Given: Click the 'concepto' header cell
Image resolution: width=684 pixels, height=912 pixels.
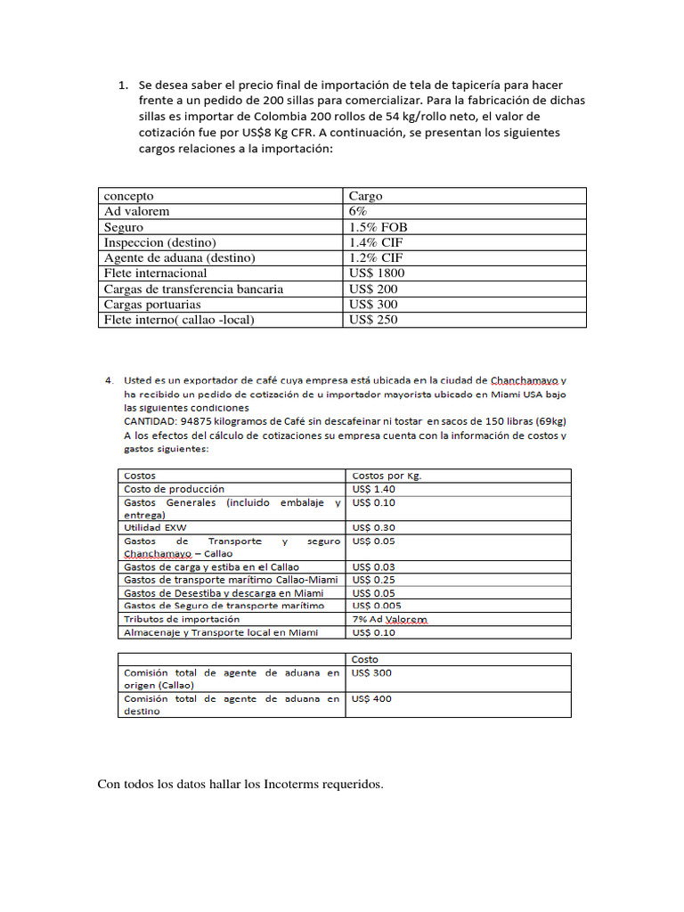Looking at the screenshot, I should pyautogui.click(x=129, y=196).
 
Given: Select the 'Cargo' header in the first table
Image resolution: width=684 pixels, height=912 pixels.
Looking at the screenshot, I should pyautogui.click(x=366, y=196).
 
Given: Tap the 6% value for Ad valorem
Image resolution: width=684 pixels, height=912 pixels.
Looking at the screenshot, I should pyautogui.click(x=358, y=211).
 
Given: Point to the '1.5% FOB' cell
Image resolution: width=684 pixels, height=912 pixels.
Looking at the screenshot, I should pyautogui.click(x=379, y=227).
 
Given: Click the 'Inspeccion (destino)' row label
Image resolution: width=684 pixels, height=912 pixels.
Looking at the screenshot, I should pyautogui.click(x=160, y=242).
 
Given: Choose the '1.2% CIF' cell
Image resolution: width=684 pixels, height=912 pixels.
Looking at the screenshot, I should pyautogui.click(x=377, y=257).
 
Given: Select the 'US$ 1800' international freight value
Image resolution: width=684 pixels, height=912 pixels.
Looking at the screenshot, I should pyautogui.click(x=377, y=273).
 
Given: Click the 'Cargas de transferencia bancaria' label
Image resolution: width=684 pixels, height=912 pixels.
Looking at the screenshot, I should pyautogui.click(x=193, y=289).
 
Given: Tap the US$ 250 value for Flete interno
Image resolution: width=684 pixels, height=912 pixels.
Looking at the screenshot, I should pyautogui.click(x=373, y=320).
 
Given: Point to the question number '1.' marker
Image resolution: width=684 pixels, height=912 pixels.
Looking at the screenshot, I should pyautogui.click(x=124, y=85).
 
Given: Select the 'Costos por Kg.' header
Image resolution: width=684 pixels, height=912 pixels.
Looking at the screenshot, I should pyautogui.click(x=387, y=476).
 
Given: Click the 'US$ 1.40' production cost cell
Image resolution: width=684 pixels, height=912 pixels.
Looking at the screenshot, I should pyautogui.click(x=374, y=489).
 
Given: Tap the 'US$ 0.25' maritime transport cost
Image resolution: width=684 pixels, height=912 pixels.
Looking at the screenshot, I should pyautogui.click(x=374, y=580).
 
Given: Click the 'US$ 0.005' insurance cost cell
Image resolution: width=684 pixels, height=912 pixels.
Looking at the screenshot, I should pyautogui.click(x=377, y=606).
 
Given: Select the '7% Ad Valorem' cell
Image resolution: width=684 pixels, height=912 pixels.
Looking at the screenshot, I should pyautogui.click(x=390, y=619).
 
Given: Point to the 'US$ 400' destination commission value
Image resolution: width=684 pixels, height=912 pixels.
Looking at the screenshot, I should pyautogui.click(x=372, y=699).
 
